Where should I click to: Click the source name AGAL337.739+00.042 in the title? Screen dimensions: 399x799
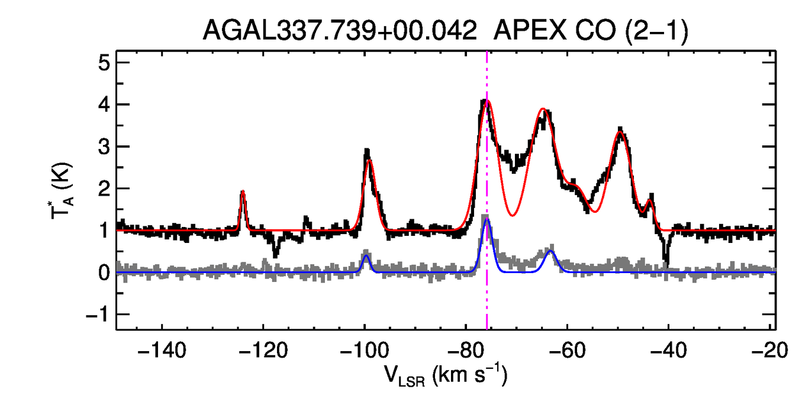tap(340, 30)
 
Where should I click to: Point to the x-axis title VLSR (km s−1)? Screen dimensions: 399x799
tap(446, 375)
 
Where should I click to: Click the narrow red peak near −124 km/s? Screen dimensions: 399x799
tap(243, 192)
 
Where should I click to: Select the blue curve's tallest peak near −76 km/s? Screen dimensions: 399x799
tap(487, 220)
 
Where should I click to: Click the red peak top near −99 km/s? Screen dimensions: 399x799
tap(369, 161)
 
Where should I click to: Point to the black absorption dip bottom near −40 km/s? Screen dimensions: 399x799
tap(666, 262)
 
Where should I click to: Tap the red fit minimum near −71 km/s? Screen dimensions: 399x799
tap(513, 215)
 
